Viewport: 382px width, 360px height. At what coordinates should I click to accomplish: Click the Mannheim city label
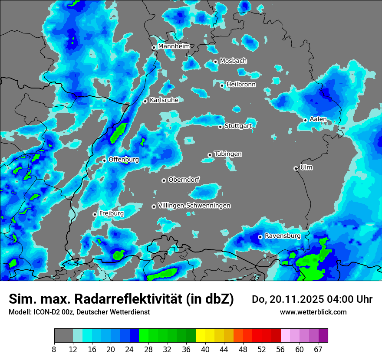click(174, 46)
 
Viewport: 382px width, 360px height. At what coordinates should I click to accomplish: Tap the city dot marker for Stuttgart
click(220, 127)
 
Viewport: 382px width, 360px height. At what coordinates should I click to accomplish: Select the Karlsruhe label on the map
click(164, 100)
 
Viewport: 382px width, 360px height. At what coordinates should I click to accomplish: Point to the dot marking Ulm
click(296, 168)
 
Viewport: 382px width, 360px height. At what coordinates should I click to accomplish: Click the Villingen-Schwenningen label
click(194, 206)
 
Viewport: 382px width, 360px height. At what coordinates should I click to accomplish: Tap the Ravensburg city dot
click(260, 237)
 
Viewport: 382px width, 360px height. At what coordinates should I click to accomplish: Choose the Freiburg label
click(112, 213)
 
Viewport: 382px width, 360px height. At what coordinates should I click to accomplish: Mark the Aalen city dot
click(305, 120)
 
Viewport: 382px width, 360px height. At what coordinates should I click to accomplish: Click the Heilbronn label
click(241, 85)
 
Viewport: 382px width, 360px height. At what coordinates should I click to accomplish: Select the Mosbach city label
click(233, 61)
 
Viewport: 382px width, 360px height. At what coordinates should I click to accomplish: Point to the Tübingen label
click(228, 154)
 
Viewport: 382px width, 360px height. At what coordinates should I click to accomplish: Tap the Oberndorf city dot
click(164, 180)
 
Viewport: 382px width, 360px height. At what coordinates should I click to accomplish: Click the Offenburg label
click(124, 160)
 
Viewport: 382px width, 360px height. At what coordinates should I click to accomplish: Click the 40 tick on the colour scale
click(205, 349)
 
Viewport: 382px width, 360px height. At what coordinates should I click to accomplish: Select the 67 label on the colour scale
click(318, 349)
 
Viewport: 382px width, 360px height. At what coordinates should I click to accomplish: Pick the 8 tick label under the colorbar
click(54, 349)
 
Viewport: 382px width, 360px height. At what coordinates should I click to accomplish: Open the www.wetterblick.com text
click(313, 312)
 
